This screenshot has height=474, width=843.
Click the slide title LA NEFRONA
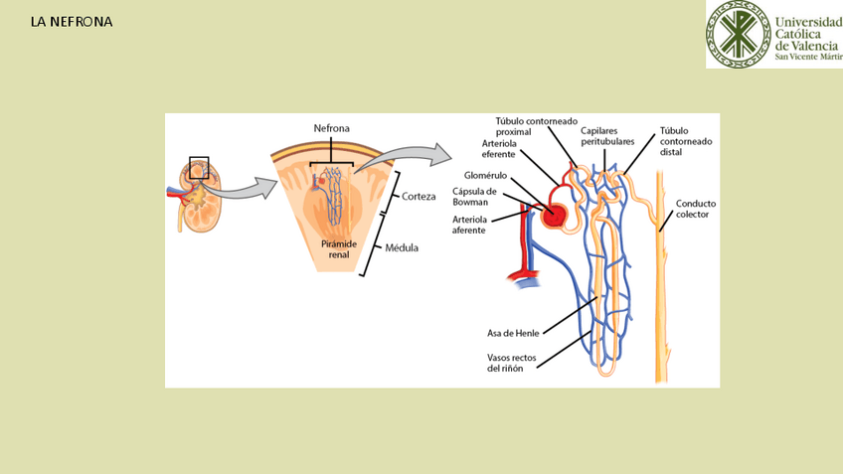coord(72,21)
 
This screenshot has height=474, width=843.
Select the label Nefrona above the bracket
coord(331,129)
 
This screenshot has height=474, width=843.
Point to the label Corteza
coord(419,196)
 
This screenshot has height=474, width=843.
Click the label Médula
coord(402,247)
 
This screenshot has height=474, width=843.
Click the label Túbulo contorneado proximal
coord(537,126)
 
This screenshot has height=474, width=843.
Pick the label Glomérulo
coord(485,176)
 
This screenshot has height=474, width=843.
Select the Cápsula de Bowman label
coord(474,197)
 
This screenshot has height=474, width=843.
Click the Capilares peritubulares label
coord(607,136)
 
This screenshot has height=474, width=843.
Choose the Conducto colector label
coord(695,209)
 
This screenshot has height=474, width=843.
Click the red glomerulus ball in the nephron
coord(555,214)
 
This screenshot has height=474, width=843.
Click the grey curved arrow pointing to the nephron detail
coord(408,157)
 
